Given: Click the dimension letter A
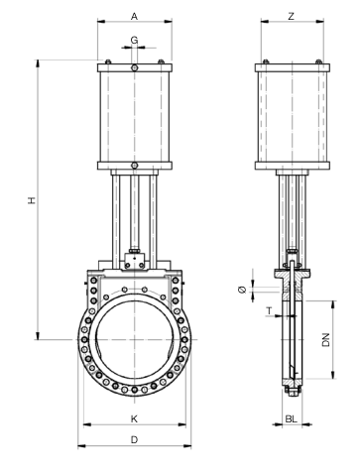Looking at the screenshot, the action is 134,16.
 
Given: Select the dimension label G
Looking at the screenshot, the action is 134,41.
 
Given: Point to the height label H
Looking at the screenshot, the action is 32,200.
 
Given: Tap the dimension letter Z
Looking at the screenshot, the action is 291,16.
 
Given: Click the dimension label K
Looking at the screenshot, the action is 134,419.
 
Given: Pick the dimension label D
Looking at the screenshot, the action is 134,440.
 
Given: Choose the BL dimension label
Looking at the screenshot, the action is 292,419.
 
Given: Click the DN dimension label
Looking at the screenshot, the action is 326,340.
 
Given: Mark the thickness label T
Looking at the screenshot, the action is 270,311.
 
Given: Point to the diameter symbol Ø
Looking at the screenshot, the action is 242,290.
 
